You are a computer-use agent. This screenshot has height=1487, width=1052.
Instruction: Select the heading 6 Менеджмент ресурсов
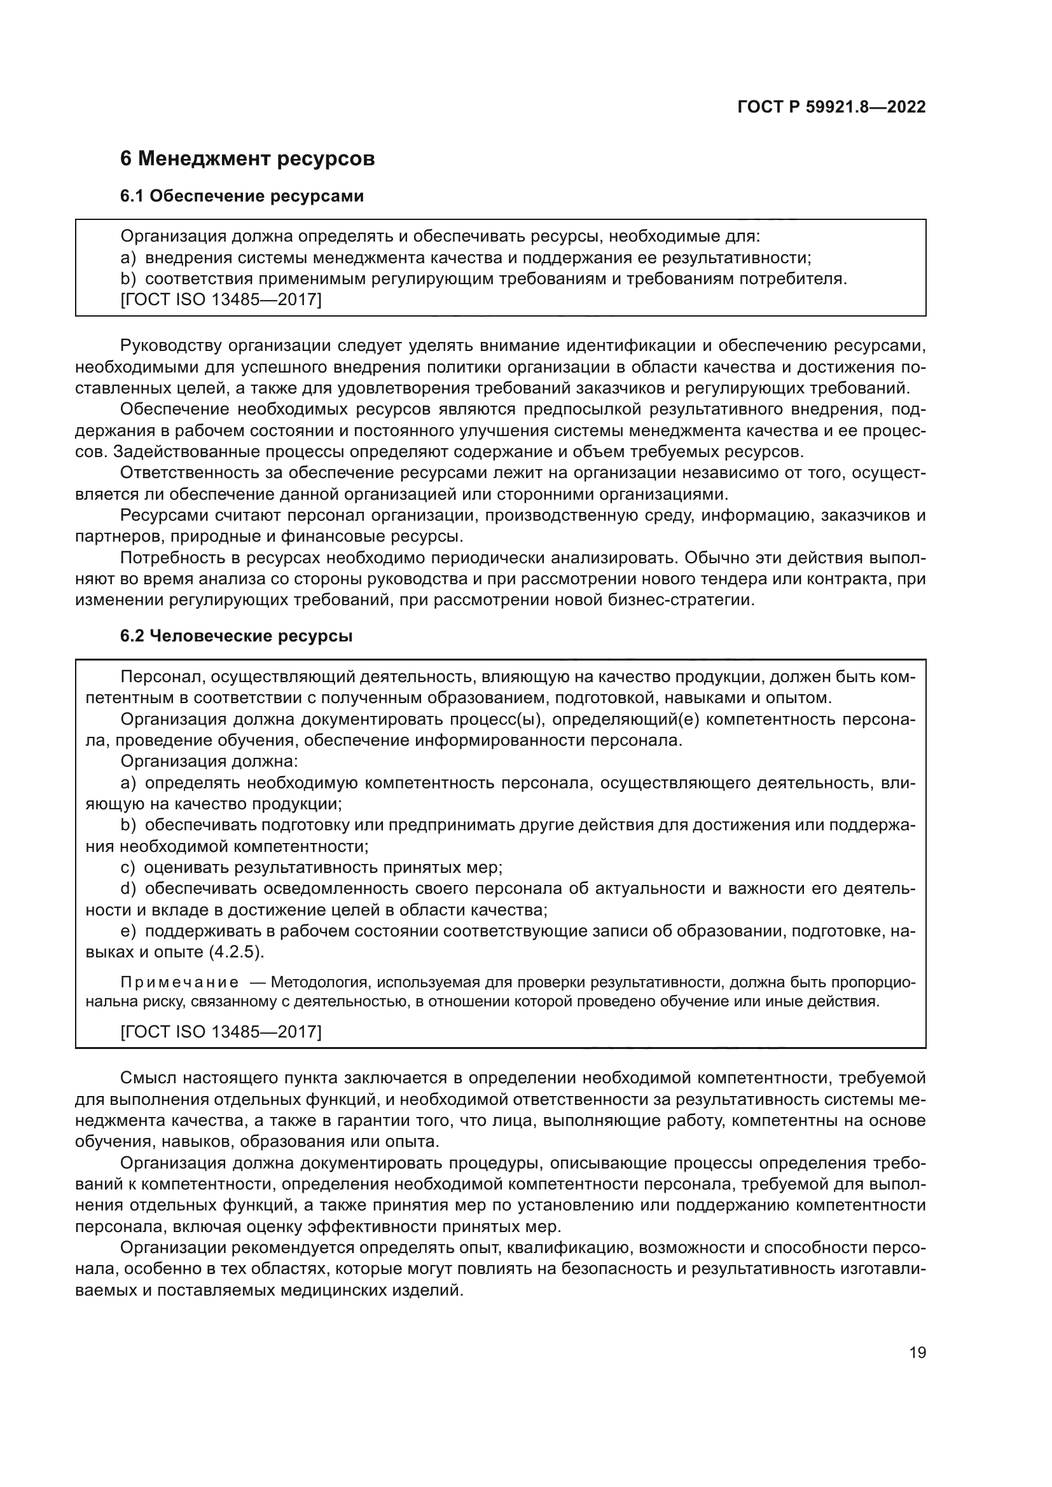[x=247, y=158]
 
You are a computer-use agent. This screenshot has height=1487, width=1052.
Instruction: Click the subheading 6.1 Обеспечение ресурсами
[x=242, y=196]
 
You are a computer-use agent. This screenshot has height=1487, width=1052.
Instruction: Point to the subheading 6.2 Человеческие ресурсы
[x=237, y=636]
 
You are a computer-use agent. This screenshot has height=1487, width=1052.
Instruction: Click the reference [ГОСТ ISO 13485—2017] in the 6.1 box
[x=221, y=300]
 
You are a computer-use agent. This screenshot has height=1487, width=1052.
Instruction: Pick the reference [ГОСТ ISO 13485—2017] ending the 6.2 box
[x=221, y=1031]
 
